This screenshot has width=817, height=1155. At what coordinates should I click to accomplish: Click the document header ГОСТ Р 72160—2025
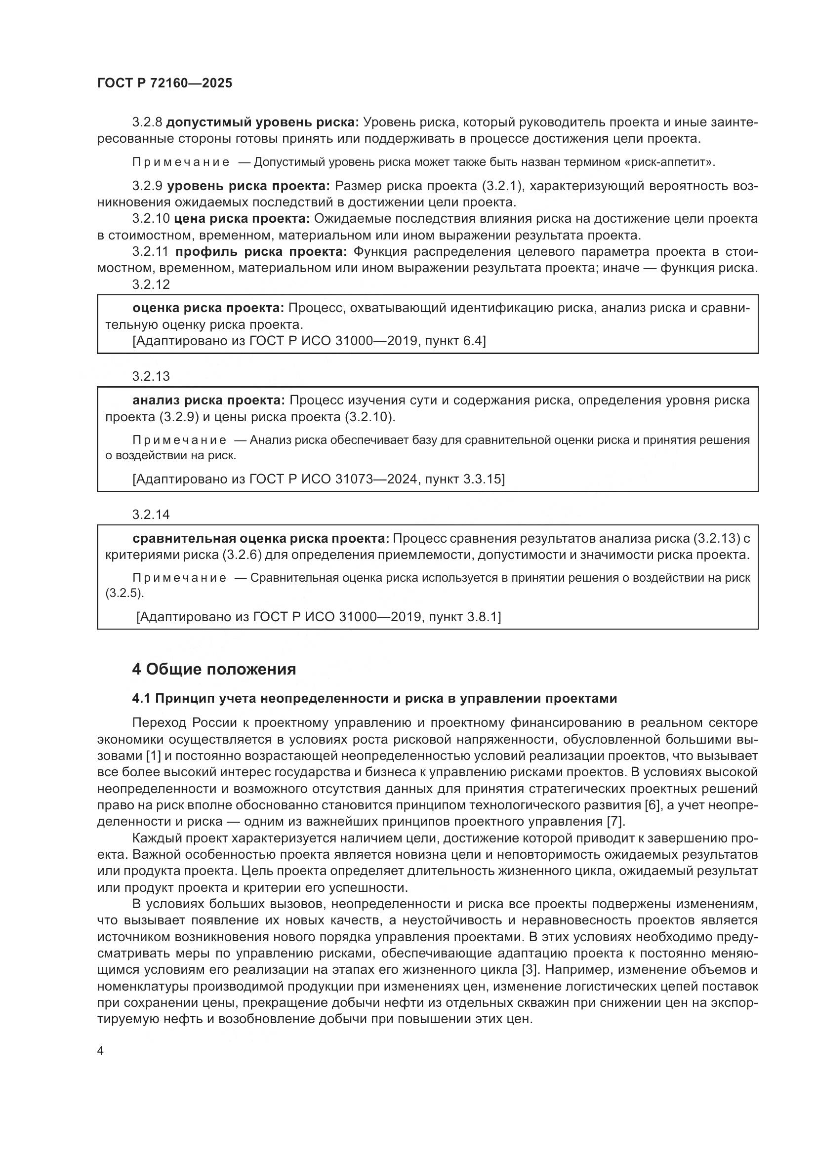tap(164, 83)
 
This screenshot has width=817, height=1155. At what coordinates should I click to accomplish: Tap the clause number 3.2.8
tap(147, 122)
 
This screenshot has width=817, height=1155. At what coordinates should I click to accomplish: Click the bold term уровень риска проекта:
tap(248, 186)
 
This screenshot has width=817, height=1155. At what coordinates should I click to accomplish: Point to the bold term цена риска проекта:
tap(242, 219)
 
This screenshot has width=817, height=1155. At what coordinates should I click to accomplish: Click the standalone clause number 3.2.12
tap(151, 285)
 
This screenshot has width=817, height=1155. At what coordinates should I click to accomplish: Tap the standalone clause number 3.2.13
tap(151, 376)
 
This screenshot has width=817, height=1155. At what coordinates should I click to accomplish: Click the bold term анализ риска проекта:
tap(208, 400)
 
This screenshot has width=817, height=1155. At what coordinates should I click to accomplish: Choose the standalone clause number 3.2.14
tap(151, 515)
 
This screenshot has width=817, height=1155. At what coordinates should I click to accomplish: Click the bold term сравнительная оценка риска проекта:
tap(261, 539)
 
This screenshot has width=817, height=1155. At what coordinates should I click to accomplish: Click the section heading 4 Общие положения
tap(214, 670)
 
